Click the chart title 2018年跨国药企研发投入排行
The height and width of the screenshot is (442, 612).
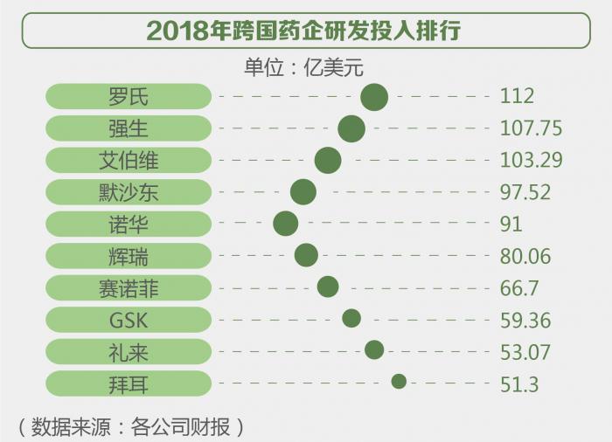(305, 31)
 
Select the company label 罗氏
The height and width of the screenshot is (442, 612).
(129, 97)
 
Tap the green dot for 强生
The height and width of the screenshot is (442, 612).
(351, 128)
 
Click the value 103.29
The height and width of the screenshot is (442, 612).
(531, 161)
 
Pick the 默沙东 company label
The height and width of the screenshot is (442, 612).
(129, 192)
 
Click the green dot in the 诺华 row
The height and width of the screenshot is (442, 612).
(286, 224)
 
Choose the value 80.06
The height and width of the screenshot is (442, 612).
(525, 256)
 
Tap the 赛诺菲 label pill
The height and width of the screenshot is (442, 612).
(129, 287)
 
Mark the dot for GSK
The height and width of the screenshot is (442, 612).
(351, 319)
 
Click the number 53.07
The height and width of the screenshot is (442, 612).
(525, 351)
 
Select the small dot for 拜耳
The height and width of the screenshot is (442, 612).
(399, 381)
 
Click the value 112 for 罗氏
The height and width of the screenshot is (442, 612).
(517, 97)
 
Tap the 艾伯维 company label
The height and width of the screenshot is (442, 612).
(129, 161)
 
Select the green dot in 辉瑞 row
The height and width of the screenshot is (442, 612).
(306, 255)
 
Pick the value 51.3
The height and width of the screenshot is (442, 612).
(519, 383)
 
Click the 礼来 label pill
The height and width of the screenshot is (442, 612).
(129, 351)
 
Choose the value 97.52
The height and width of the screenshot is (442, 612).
(525, 192)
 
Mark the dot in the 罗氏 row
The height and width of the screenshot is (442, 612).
(374, 97)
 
